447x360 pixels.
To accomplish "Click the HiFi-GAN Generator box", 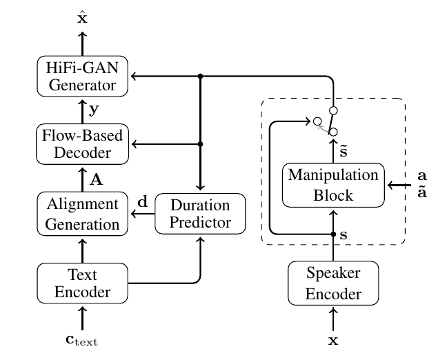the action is click(x=82, y=76).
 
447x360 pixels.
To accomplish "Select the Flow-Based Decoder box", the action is click(x=82, y=144).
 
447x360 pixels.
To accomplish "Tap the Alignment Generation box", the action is click(x=82, y=214).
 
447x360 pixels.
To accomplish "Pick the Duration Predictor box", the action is click(x=200, y=214).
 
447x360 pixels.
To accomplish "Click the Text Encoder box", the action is click(x=82, y=283).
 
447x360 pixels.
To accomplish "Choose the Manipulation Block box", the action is click(x=333, y=186).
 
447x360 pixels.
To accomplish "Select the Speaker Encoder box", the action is click(x=333, y=283).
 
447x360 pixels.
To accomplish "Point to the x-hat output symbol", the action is click(x=82, y=17).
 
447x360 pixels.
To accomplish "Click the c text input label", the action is click(x=82, y=340).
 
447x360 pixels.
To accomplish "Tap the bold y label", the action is click(x=94, y=110).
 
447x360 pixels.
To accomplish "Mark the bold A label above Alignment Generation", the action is click(x=97, y=180).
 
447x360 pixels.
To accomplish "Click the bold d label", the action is click(x=143, y=202).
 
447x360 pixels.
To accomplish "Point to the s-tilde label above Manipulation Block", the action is click(x=344, y=150).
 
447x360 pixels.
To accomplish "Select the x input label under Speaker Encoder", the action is click(x=333, y=340).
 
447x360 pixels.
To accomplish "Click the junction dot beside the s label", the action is click(x=333, y=234).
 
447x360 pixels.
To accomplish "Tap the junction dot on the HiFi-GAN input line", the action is click(x=201, y=76).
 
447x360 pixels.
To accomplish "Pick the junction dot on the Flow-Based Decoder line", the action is click(x=201, y=144).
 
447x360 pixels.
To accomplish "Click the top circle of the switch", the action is click(x=333, y=110).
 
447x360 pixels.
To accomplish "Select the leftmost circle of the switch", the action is click(x=317, y=121).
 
